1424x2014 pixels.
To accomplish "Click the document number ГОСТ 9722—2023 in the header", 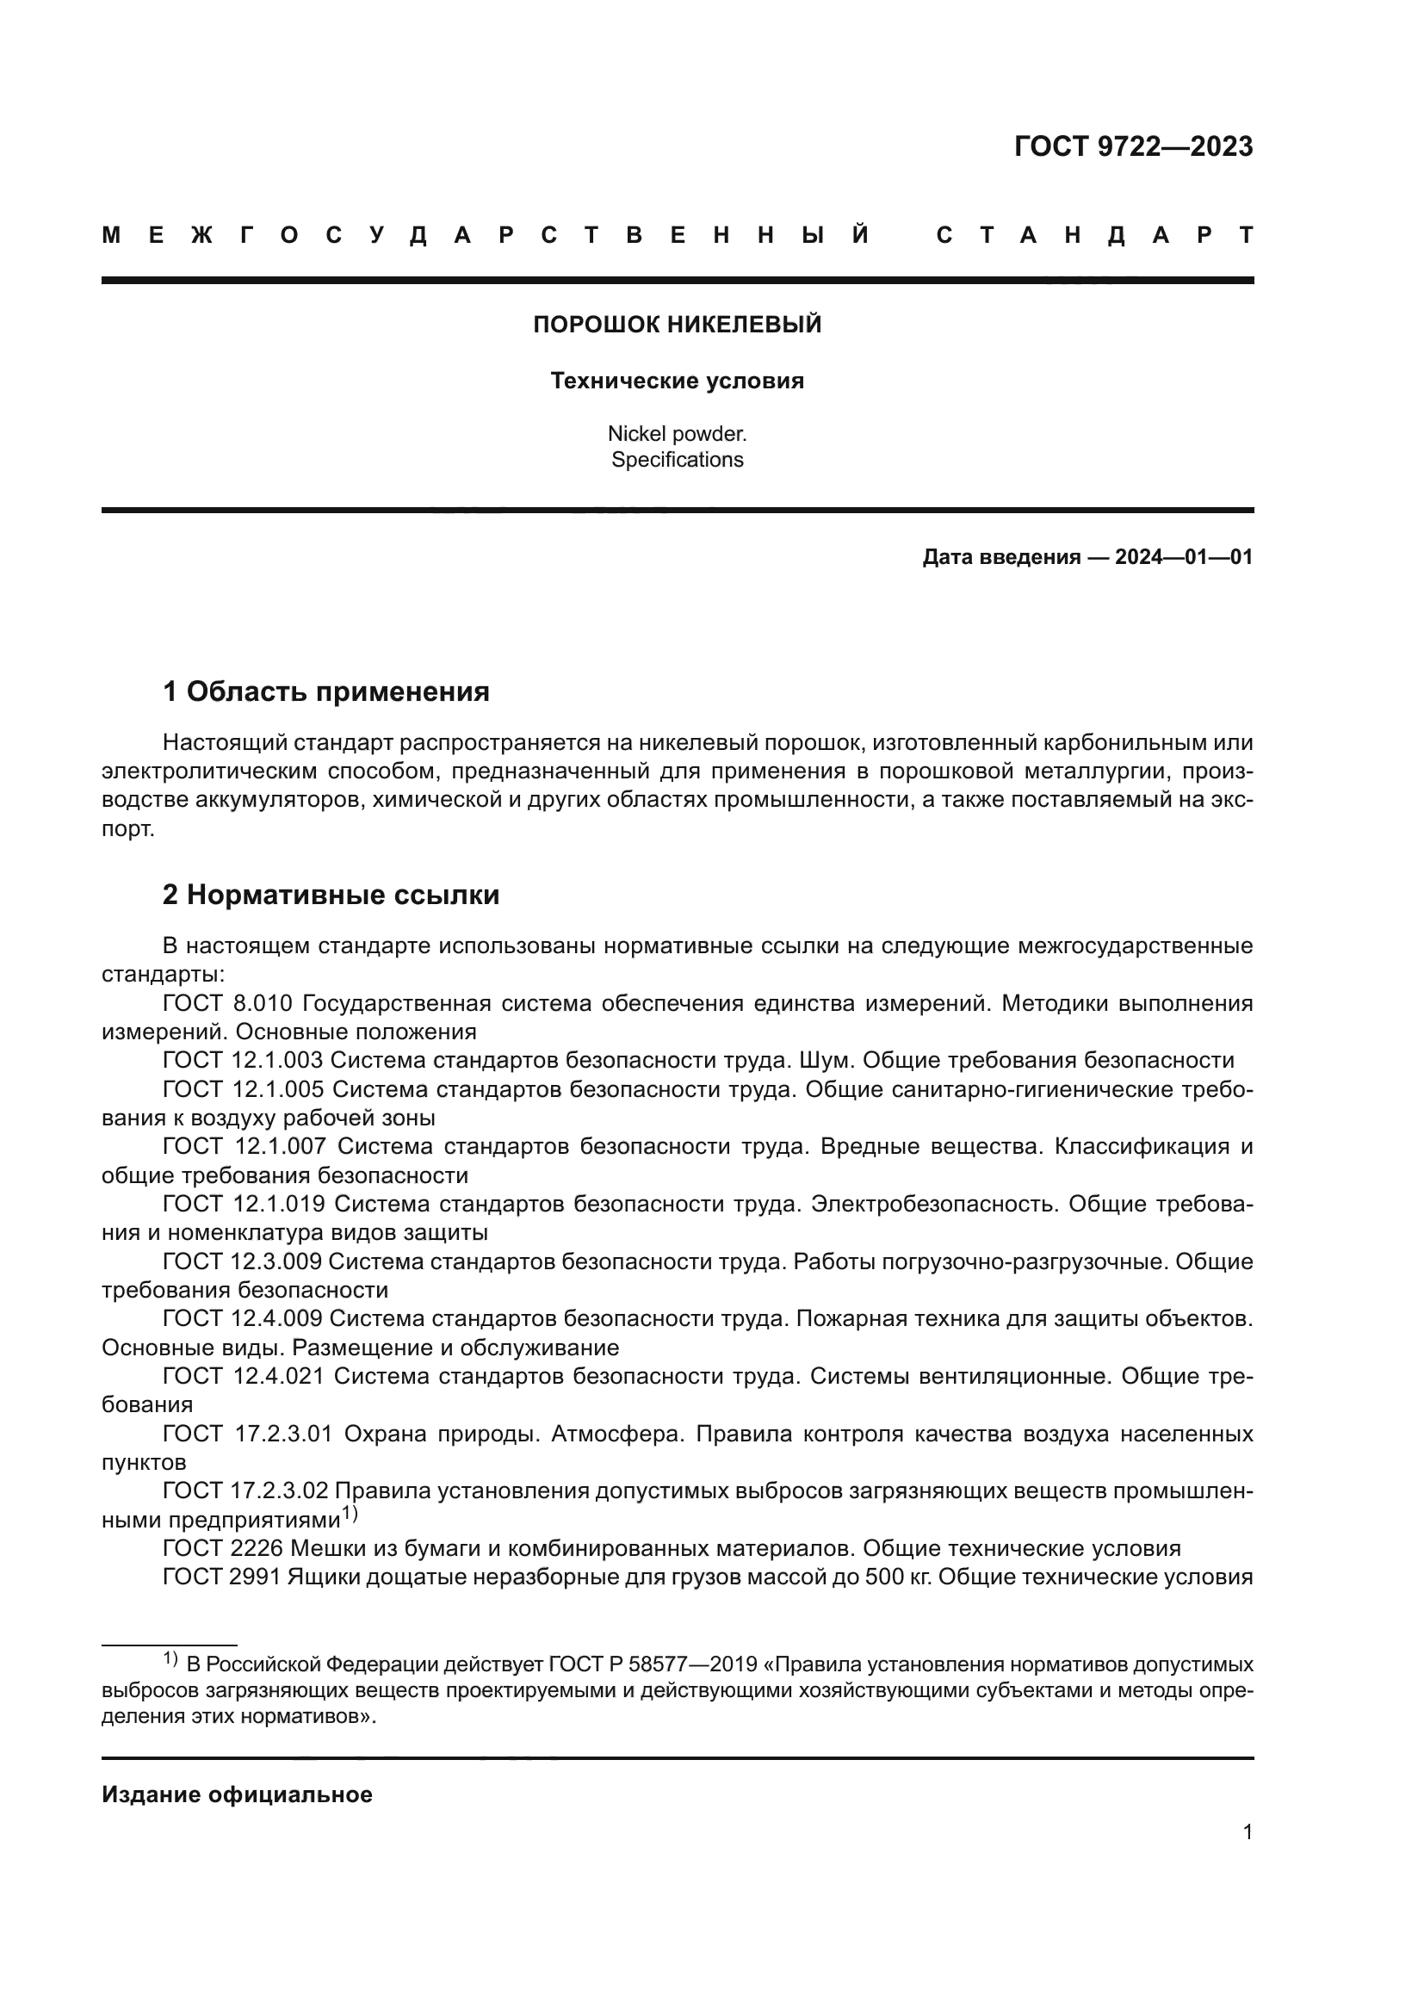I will tap(1133, 146).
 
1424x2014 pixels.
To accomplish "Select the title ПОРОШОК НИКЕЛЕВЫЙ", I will tap(677, 325).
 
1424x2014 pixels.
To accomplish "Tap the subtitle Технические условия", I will tap(677, 381).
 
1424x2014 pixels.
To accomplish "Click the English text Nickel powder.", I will tap(677, 433).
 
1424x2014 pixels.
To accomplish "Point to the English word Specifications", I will tap(677, 460).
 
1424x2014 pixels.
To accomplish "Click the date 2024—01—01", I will tap(1183, 557).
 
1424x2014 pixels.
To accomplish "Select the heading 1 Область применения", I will tap(325, 692).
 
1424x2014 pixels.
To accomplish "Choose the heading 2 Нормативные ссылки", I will tap(331, 895).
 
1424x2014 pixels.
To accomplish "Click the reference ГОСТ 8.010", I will tap(227, 1003).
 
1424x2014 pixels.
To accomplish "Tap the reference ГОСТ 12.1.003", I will tap(243, 1061).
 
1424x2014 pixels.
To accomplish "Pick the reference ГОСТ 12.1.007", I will tap(244, 1146).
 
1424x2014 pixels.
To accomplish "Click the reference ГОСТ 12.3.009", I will tap(242, 1261).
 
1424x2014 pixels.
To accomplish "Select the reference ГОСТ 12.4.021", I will tap(243, 1376).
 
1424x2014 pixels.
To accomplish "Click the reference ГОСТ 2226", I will tap(223, 1548).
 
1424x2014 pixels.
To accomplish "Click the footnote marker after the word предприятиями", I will tap(349, 1514).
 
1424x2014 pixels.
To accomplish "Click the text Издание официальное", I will tap(237, 1794).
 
